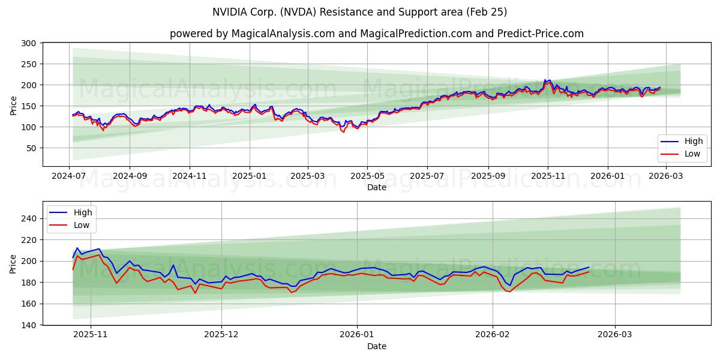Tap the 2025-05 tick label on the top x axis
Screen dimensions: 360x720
367,177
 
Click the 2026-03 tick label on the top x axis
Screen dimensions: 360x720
665,177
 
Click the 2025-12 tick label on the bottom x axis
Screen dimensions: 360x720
221,335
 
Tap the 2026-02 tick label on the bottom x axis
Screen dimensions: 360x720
492,335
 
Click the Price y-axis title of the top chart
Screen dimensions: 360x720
13,105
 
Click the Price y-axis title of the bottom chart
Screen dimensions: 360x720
13,264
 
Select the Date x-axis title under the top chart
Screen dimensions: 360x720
377,188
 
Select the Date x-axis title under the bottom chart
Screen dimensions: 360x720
377,346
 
